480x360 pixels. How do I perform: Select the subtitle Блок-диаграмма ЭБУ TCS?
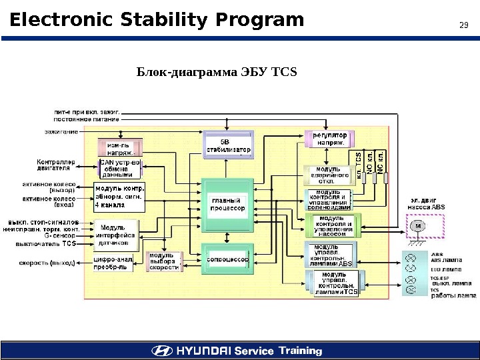(216, 71)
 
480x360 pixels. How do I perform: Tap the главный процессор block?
(228, 204)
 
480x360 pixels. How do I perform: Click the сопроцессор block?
(228, 259)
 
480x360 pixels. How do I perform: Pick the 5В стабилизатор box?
(228, 146)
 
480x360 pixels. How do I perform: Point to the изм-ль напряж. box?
(120, 148)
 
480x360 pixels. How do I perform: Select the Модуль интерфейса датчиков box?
(116, 235)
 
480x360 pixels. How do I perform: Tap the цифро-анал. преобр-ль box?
(113, 263)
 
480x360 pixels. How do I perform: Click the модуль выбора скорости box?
(163, 263)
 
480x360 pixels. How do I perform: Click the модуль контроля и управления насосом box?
(332, 226)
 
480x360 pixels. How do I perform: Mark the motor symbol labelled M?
(419, 225)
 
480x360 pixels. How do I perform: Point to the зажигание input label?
(62, 131)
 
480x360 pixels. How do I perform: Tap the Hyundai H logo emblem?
(161, 351)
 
